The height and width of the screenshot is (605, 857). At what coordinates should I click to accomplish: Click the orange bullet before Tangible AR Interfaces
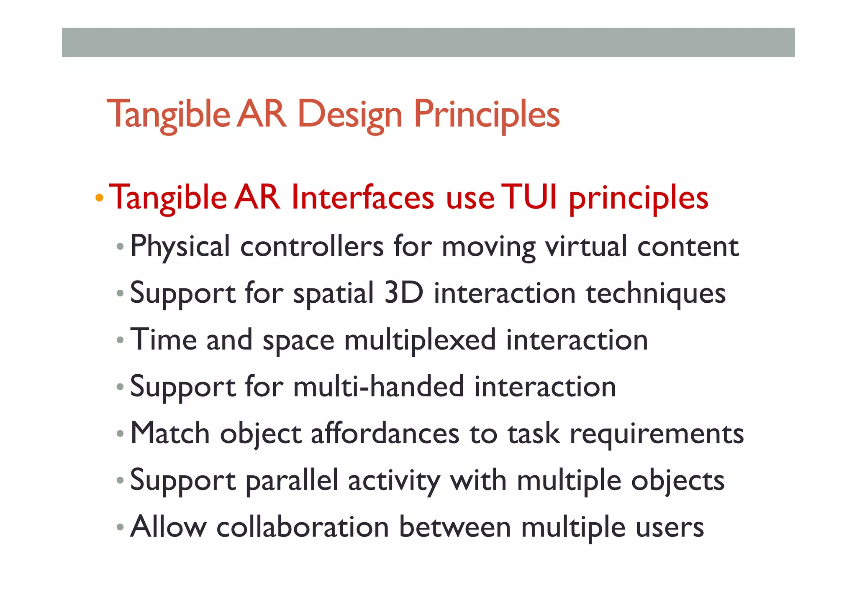99,197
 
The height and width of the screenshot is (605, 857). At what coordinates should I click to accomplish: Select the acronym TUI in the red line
529,197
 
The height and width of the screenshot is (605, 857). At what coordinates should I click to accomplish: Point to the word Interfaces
362,197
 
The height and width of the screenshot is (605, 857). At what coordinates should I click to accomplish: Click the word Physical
180,246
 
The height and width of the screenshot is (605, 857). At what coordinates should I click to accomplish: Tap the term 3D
403,293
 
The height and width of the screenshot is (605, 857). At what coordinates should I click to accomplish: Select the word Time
164,339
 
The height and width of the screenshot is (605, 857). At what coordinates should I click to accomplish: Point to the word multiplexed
420,340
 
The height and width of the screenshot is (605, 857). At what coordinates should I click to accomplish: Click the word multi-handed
378,386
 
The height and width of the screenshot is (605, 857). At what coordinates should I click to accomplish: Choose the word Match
170,433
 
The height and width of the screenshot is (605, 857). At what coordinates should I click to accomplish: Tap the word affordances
385,433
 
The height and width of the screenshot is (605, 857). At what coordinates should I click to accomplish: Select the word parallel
292,480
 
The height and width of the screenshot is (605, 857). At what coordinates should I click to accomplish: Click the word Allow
169,526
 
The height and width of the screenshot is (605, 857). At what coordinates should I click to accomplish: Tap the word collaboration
303,526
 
